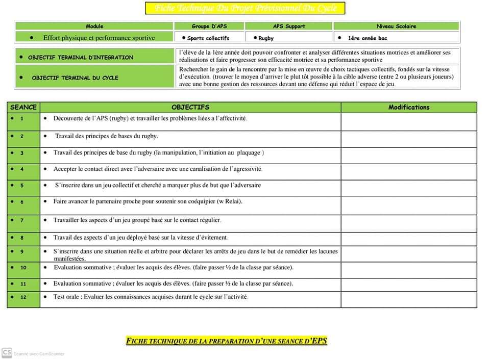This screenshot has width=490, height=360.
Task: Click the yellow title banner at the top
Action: (244, 8)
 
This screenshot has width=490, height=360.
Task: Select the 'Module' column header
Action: (94, 26)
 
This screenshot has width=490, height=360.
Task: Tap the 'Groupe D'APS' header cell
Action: (209, 26)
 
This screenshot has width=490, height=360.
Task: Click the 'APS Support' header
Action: (289, 26)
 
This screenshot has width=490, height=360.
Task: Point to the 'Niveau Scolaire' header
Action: (396, 26)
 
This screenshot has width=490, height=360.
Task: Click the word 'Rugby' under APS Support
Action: (266, 38)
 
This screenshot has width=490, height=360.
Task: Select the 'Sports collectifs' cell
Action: (208, 38)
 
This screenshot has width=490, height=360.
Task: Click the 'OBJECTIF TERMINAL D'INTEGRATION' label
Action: (81, 58)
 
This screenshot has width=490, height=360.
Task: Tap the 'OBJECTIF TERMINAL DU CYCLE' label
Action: (75, 78)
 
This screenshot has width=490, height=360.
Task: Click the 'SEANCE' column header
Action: (23, 107)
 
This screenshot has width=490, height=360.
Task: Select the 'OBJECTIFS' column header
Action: (190, 107)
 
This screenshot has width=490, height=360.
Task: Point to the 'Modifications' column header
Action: (409, 107)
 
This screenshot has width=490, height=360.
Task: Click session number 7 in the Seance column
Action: (22, 220)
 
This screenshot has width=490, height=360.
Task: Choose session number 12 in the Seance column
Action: (23, 297)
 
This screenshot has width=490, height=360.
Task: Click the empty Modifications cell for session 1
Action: (409, 121)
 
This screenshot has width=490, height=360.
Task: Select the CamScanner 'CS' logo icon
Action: (7, 352)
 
